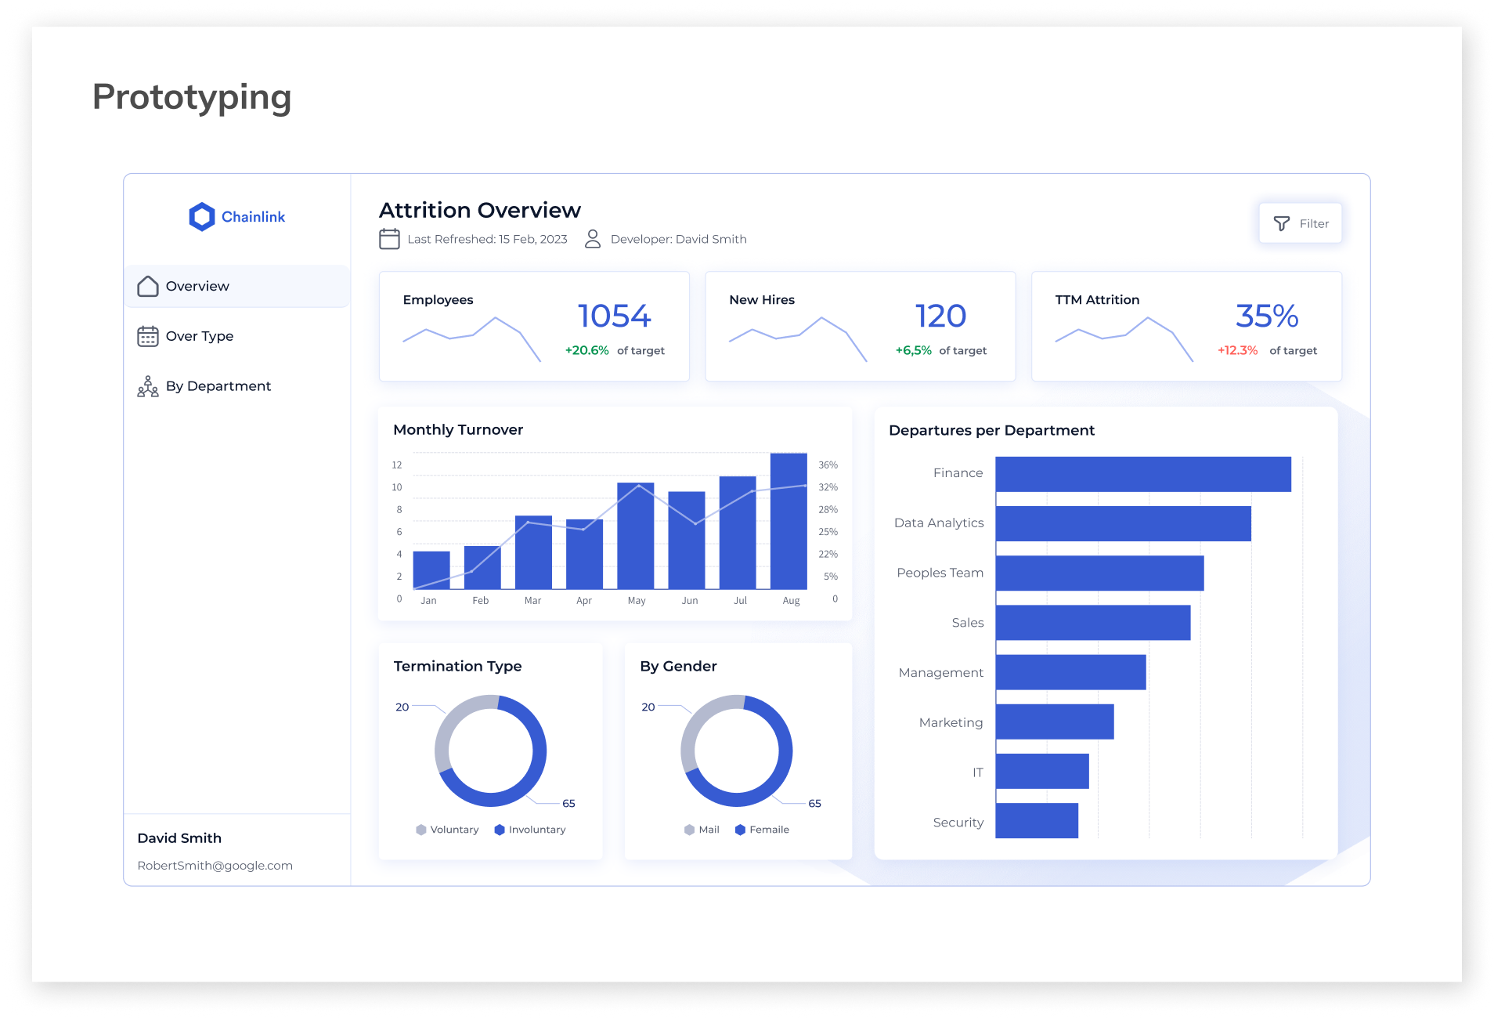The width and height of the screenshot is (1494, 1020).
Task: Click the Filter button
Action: (1301, 223)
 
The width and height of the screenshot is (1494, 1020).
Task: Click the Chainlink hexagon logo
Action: (202, 217)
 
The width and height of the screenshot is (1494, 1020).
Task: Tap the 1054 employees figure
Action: (614, 316)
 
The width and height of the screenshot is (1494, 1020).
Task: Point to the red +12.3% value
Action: (1237, 350)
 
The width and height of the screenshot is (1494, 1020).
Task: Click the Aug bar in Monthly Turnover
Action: (788, 521)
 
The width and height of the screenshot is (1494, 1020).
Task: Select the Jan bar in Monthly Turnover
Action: (431, 570)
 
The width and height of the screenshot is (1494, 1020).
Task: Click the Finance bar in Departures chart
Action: (1143, 474)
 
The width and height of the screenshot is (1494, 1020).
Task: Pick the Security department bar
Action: (1037, 820)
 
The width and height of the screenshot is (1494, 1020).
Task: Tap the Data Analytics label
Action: (939, 523)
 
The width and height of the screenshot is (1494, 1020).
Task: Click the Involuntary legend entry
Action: (530, 830)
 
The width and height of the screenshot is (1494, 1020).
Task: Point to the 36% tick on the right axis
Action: (828, 465)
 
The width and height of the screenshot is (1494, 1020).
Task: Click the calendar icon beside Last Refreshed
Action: (389, 239)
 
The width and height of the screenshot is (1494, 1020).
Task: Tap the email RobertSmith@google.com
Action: (215, 866)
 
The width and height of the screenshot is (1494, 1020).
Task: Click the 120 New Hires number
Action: (940, 316)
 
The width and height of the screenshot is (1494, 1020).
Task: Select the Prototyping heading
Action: (192, 97)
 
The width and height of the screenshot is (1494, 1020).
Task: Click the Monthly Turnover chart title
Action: (458, 429)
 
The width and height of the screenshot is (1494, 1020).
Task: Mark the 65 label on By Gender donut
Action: (814, 804)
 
